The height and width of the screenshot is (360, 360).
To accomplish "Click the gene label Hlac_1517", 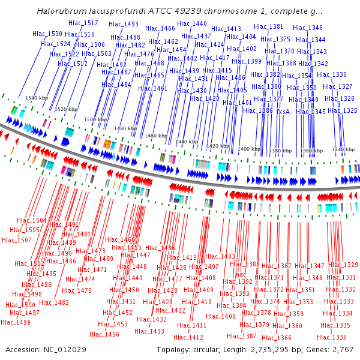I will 83,23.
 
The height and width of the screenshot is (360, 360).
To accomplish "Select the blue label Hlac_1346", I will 307,28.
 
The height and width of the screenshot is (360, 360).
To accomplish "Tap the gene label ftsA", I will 283,111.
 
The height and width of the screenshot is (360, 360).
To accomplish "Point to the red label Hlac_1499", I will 15,322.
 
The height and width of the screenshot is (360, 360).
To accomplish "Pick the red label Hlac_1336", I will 332,337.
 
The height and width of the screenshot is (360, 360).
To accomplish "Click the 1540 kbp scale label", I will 36,98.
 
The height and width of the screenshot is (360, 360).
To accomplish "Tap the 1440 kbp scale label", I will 187,142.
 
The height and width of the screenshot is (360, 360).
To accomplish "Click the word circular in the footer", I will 212,349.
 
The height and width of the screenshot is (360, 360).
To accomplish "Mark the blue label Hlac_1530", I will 47,34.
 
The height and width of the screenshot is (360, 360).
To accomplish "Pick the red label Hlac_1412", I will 189,337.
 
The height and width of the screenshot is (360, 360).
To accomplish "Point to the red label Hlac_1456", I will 104,334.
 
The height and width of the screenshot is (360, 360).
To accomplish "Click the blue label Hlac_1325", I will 342,111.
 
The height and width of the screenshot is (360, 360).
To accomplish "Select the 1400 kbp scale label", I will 249,149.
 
